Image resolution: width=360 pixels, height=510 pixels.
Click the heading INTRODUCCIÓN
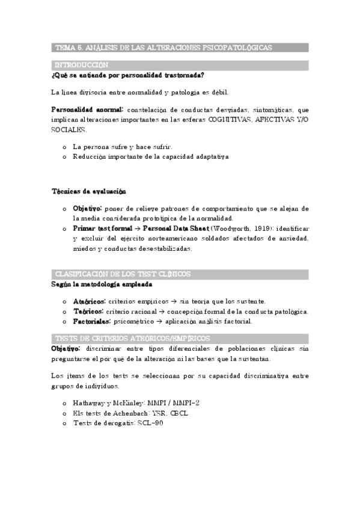click(x=81, y=65)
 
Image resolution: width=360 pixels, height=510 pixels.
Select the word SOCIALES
click(x=69, y=129)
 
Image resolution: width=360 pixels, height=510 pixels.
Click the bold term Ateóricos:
click(x=89, y=301)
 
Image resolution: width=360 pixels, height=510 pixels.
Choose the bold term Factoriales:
click(x=92, y=321)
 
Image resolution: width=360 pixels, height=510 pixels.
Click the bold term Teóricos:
click(x=88, y=311)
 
